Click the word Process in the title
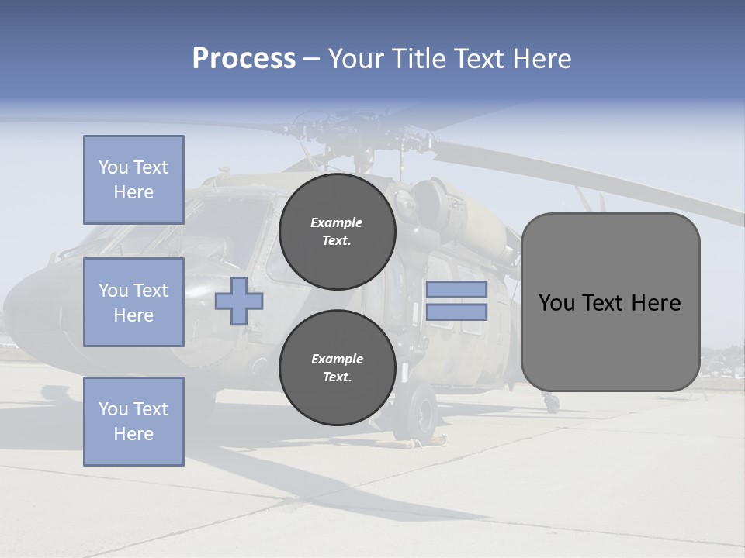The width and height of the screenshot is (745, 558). pos(244,59)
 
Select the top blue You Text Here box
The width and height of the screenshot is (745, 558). pos(133,180)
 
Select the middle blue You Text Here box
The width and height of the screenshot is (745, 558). pos(133,302)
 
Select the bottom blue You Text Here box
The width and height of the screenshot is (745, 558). pos(133,422)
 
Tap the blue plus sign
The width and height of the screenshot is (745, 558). pos(239,301)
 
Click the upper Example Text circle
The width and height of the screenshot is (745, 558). pos(338,232)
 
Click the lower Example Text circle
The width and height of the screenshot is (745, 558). pos(338,368)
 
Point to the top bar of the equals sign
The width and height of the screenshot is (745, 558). pos(456,289)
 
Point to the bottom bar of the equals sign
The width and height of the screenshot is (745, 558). pos(456,312)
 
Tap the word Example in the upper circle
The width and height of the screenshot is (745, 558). pos(337,222)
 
